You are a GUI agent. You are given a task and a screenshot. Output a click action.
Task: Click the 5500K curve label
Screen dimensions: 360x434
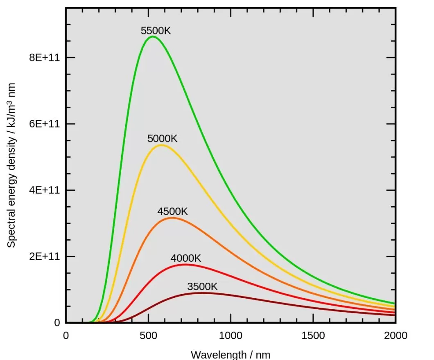[x=156, y=31]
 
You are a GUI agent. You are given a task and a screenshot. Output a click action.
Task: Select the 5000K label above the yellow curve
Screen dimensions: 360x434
[x=163, y=139]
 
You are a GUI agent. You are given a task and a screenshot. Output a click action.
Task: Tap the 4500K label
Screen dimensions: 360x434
[x=172, y=212]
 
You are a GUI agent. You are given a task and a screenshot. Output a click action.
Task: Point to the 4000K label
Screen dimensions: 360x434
[x=186, y=259]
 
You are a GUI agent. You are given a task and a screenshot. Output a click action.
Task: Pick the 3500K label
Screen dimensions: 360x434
[x=202, y=287]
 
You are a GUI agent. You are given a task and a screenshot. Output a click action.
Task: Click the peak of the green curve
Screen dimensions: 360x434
[x=152, y=36]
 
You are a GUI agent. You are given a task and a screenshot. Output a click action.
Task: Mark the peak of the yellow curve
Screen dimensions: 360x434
[x=161, y=145]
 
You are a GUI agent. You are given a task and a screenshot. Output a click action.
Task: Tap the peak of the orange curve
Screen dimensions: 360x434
[x=171, y=218]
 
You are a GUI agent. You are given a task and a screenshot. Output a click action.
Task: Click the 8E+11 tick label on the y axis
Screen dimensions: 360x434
[x=44, y=58]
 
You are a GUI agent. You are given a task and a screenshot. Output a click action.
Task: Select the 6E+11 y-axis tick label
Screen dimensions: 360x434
[x=44, y=124]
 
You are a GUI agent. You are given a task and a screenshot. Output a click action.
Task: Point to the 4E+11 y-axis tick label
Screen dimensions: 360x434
[x=44, y=190]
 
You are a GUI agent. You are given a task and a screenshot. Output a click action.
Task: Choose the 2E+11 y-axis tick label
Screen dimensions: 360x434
[x=44, y=256]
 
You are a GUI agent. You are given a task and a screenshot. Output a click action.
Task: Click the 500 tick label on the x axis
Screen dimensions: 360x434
[x=148, y=336]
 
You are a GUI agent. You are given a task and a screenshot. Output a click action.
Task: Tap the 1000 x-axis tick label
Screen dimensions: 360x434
[x=231, y=336]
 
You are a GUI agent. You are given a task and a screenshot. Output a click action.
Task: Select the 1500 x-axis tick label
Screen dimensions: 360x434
[x=313, y=336]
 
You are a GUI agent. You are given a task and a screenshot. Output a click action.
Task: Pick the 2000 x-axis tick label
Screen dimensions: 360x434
[x=395, y=336]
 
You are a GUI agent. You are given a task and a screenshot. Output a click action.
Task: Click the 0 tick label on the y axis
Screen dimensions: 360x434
[x=57, y=323]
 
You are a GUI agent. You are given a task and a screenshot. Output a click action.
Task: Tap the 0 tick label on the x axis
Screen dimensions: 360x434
[x=66, y=336]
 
